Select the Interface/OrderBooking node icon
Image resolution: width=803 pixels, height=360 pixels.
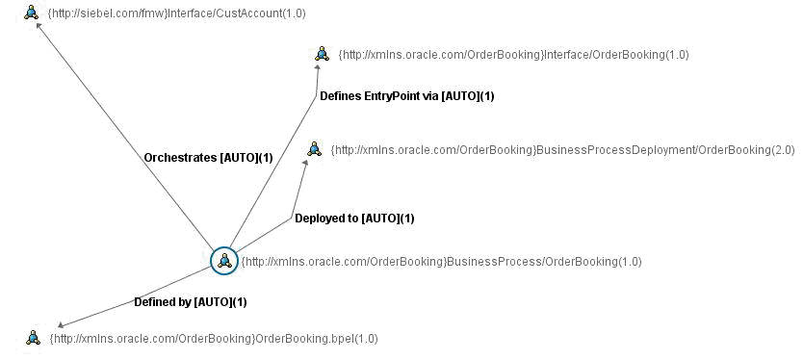click(322, 54)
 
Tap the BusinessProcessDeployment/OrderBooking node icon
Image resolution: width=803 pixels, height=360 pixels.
click(314, 148)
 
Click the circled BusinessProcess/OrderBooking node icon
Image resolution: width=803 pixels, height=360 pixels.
click(223, 260)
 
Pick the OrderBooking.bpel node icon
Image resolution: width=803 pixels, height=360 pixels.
click(33, 337)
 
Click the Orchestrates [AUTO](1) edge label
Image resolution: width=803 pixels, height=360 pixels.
click(208, 158)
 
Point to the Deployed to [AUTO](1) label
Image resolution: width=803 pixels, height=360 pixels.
click(354, 219)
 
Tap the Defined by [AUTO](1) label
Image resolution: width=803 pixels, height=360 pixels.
click(191, 302)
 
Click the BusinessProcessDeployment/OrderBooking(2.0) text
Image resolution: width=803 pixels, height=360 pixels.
click(562, 150)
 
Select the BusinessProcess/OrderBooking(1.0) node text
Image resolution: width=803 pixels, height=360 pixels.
click(441, 262)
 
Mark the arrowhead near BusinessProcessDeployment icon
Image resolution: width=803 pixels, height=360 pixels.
click(307, 162)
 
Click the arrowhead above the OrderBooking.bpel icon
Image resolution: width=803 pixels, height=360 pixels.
click(61, 325)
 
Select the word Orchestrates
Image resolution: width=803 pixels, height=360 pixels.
click(180, 158)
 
